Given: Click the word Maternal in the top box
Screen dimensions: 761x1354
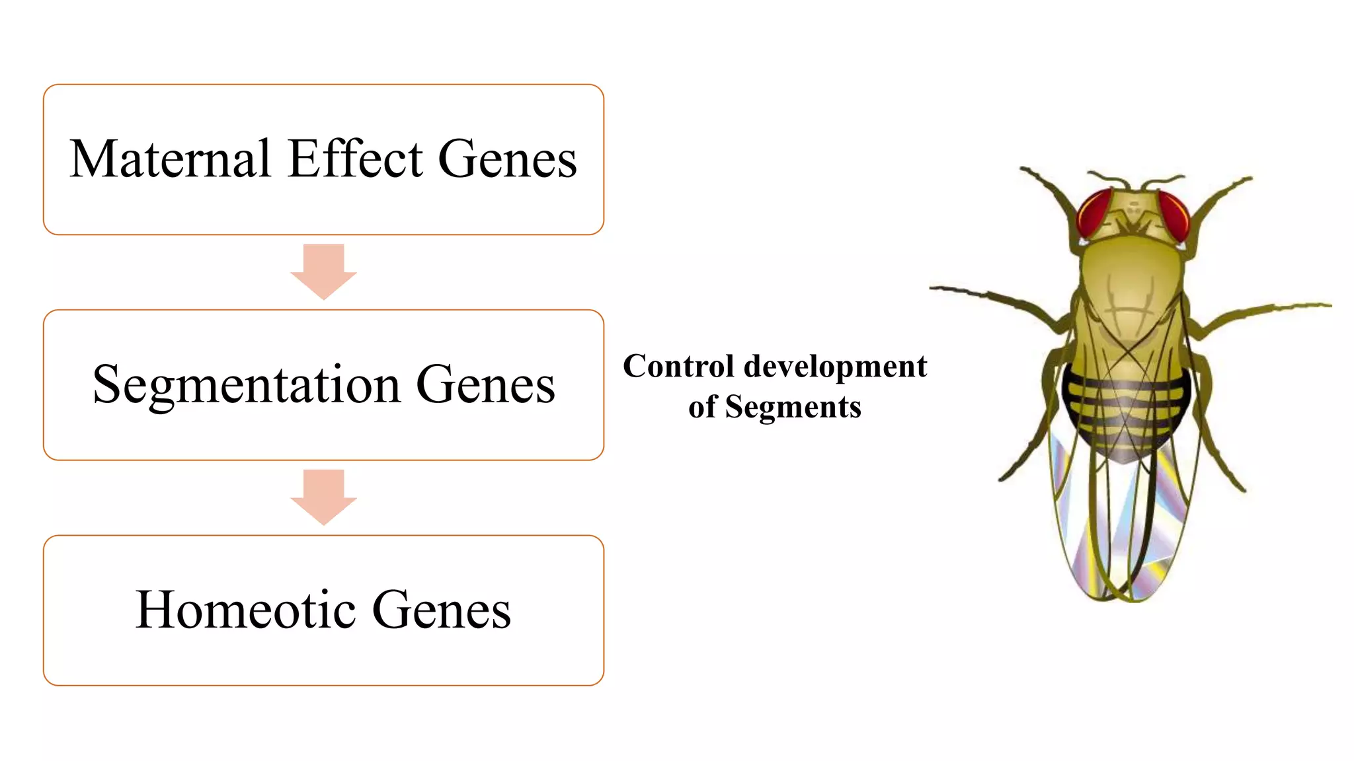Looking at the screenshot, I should pyautogui.click(x=170, y=159).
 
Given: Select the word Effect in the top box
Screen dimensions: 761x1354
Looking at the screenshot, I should pyautogui.click(x=356, y=159).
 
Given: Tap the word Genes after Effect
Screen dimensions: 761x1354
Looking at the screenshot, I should pyautogui.click(x=507, y=159).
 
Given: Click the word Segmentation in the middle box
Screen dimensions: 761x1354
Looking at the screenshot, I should pyautogui.click(x=247, y=386).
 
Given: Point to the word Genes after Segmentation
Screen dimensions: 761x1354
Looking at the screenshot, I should pyautogui.click(x=485, y=384).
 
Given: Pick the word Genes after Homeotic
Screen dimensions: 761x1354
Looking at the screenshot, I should pyautogui.click(x=441, y=610).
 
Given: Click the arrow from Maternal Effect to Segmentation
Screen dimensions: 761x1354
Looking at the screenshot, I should pyautogui.click(x=323, y=272).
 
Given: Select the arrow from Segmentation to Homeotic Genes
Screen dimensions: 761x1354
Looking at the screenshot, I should pyautogui.click(x=323, y=497).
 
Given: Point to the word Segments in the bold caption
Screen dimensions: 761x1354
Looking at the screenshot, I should pyautogui.click(x=793, y=407).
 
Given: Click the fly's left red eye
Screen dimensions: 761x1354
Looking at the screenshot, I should pyautogui.click(x=1094, y=213).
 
